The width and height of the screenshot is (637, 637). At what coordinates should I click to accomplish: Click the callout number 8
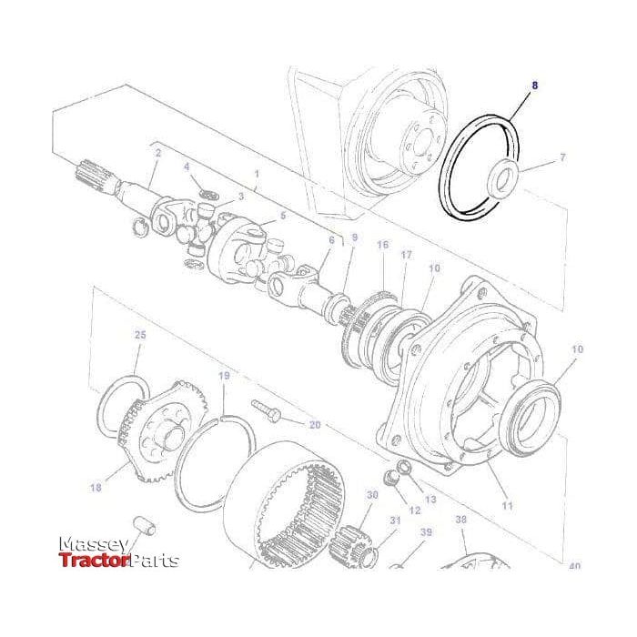[x=535, y=85]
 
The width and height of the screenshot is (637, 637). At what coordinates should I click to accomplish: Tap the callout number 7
[x=562, y=157]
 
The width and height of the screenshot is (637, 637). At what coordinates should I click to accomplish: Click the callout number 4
[x=187, y=167]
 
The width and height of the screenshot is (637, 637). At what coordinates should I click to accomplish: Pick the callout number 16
[x=382, y=246]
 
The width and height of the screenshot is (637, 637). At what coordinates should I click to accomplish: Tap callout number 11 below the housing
[x=507, y=505]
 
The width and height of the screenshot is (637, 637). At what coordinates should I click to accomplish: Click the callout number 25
[x=140, y=336]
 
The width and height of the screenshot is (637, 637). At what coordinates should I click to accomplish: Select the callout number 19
[x=224, y=376]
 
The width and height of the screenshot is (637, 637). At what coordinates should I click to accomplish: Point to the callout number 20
[x=315, y=425]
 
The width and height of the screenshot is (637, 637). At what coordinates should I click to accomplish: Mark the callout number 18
[x=96, y=489]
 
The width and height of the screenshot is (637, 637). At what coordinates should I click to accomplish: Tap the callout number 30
[x=371, y=495]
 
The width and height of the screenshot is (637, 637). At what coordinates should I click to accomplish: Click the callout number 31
[x=396, y=520]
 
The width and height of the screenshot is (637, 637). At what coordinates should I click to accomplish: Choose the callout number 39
[x=426, y=532]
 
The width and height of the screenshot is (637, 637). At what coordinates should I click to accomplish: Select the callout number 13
[x=430, y=500]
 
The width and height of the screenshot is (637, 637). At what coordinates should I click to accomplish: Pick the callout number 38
[x=460, y=520]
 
